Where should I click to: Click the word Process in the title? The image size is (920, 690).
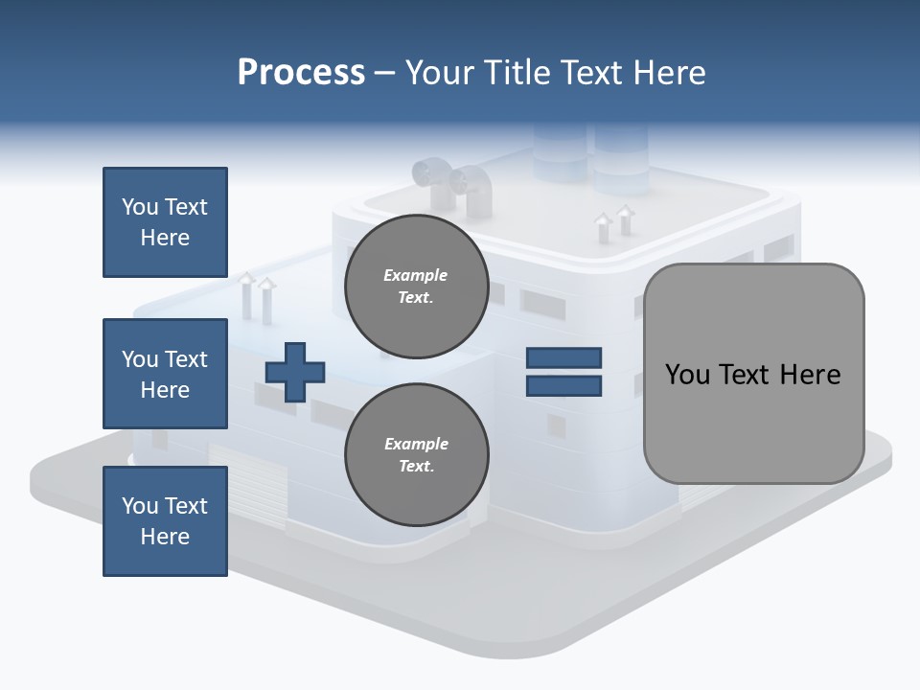(x=301, y=73)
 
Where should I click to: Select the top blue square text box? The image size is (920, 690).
(x=165, y=222)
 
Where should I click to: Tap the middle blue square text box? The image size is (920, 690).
(x=165, y=374)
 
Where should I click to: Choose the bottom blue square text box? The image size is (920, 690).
(x=165, y=520)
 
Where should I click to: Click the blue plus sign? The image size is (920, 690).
(x=295, y=372)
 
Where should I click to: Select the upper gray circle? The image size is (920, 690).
(x=416, y=286)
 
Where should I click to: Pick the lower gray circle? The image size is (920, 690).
(x=416, y=454)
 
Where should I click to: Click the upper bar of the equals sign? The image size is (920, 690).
(x=563, y=358)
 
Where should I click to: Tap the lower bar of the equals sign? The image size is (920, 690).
(x=563, y=385)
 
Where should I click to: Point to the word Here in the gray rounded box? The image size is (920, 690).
(x=810, y=374)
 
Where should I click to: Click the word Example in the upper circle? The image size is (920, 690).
(x=416, y=275)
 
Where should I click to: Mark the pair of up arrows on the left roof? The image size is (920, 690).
(x=256, y=294)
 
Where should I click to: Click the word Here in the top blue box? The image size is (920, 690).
(x=165, y=238)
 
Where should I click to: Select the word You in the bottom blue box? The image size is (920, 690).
(x=139, y=506)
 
